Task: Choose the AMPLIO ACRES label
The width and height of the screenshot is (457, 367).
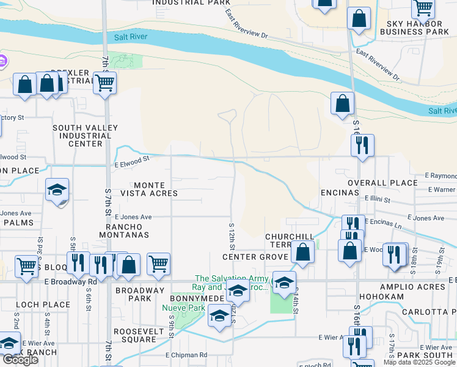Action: pos(417,287)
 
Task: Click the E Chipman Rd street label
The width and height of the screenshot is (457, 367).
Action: pos(186,355)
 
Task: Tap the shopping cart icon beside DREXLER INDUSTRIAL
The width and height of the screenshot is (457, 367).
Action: pos(105,82)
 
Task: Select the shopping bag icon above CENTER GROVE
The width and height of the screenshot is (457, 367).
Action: pos(302,251)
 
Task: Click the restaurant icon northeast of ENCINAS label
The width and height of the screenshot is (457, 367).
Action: pos(362,146)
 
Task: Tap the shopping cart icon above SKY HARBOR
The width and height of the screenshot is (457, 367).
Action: pos(422,8)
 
